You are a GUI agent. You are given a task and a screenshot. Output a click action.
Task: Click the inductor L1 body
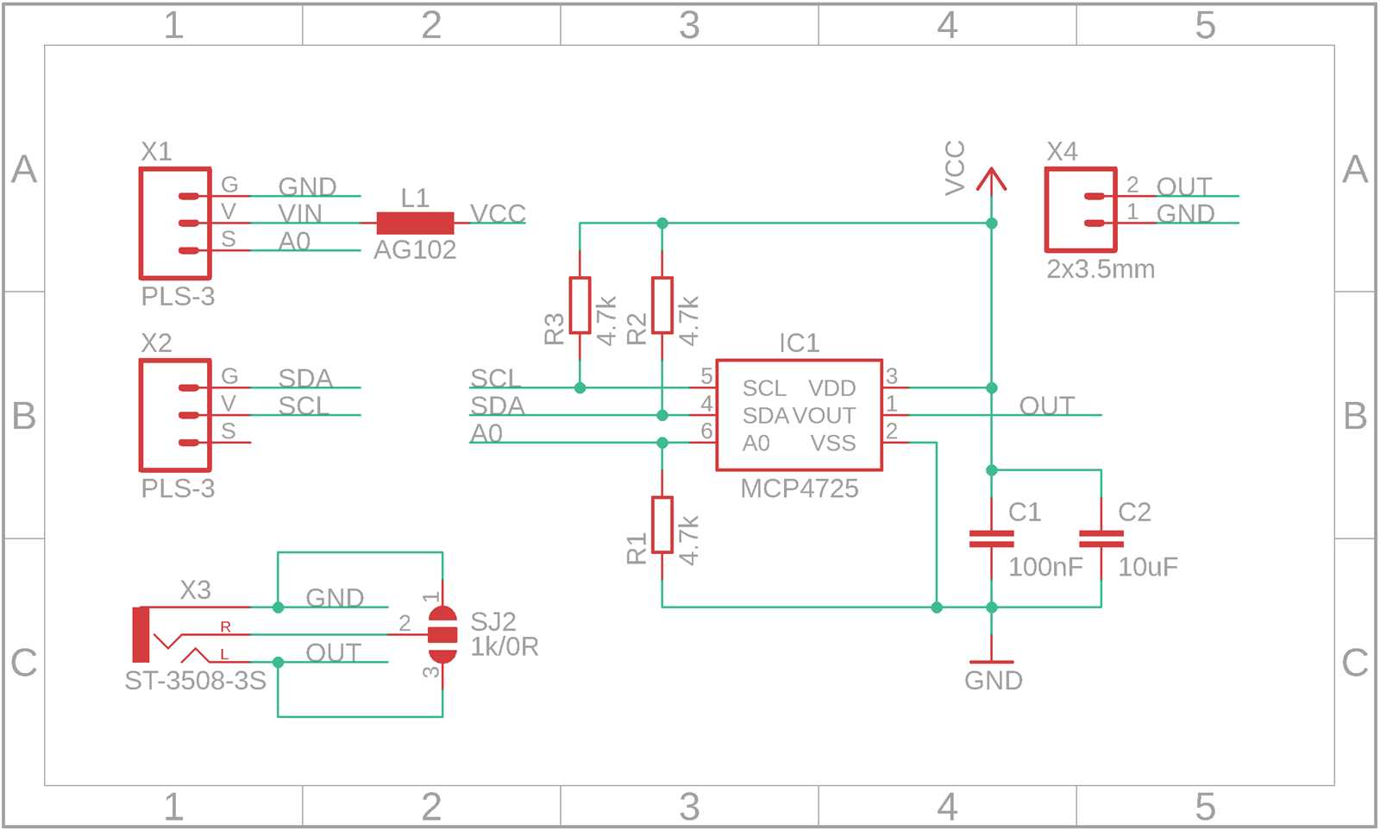415,223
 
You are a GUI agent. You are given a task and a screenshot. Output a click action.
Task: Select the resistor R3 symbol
580,305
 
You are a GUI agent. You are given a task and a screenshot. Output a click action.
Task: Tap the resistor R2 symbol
662,305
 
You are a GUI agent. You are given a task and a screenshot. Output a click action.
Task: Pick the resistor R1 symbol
662,525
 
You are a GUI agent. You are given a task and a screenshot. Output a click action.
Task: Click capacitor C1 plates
991,538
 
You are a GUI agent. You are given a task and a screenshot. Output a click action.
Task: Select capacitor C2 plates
1101,538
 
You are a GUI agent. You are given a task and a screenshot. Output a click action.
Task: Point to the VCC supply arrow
991,179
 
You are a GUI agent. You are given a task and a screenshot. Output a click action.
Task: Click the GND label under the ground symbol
993,680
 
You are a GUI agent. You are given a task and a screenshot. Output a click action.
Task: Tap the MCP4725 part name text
799,488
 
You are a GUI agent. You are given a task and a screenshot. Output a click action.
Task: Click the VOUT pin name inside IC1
824,416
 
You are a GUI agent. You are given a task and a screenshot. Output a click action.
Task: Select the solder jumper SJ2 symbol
442,634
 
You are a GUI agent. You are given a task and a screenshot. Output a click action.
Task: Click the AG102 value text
414,250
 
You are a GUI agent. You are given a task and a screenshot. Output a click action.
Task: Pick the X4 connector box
1080,210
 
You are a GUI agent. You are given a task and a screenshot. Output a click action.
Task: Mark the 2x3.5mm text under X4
1100,269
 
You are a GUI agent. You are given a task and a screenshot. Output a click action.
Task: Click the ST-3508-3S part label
195,681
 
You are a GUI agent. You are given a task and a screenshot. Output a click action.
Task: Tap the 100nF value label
1044,567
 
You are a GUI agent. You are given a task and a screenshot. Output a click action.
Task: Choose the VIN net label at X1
299,213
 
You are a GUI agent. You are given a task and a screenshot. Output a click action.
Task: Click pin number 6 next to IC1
706,431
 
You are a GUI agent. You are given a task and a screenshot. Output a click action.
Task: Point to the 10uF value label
1147,567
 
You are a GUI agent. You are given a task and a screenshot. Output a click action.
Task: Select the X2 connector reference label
156,343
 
